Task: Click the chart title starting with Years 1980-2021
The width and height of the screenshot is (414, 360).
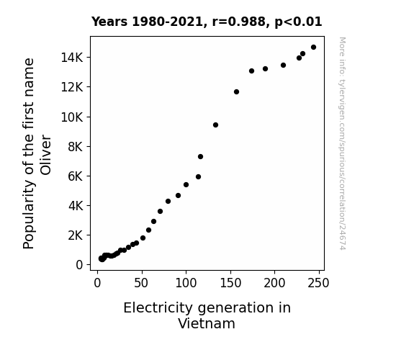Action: click(x=207, y=22)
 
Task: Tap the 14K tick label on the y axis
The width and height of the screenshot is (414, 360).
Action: click(x=72, y=58)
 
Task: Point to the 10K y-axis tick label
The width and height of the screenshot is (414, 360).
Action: click(x=72, y=117)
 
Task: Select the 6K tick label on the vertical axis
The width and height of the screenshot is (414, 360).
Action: click(x=76, y=176)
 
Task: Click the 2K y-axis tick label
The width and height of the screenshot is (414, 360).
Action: click(x=76, y=235)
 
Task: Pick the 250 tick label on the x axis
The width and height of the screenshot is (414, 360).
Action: click(x=318, y=283)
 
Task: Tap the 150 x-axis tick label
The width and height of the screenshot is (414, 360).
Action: click(x=230, y=283)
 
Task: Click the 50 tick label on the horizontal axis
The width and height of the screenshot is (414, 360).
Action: click(x=141, y=283)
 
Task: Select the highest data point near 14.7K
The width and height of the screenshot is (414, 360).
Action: click(x=313, y=48)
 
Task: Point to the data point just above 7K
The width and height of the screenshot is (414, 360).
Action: click(x=200, y=157)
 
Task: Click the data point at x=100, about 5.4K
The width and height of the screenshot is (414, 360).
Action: click(x=186, y=184)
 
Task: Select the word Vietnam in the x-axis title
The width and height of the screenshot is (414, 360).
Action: click(x=207, y=323)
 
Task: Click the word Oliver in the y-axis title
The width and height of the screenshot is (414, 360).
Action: click(x=45, y=155)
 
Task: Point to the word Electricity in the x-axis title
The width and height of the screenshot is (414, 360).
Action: click(x=158, y=308)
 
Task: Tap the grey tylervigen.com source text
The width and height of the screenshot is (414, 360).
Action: click(x=342, y=143)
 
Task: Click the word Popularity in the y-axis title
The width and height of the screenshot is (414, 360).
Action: click(x=29, y=215)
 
